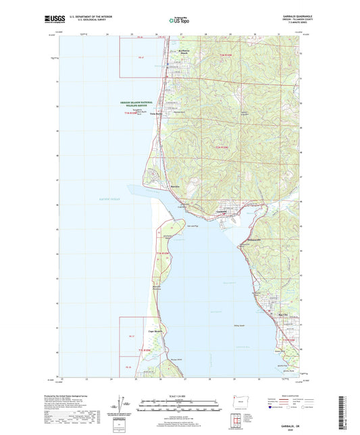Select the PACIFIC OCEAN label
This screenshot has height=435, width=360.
(x=110, y=199)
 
